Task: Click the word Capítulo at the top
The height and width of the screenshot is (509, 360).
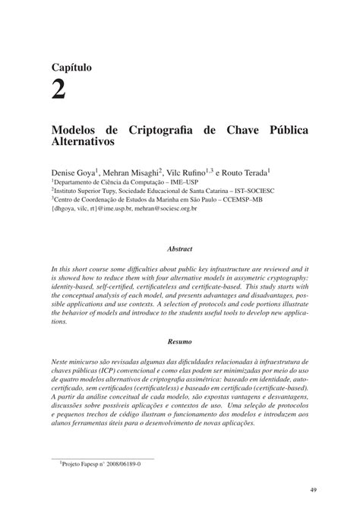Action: (72, 68)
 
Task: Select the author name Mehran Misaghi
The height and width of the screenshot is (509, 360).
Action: (134, 172)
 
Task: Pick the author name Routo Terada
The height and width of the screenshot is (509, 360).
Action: (251, 172)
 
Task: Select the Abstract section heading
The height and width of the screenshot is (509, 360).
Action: (180, 249)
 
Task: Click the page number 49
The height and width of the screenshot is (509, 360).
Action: (314, 489)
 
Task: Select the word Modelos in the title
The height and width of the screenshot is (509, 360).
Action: (77, 128)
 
